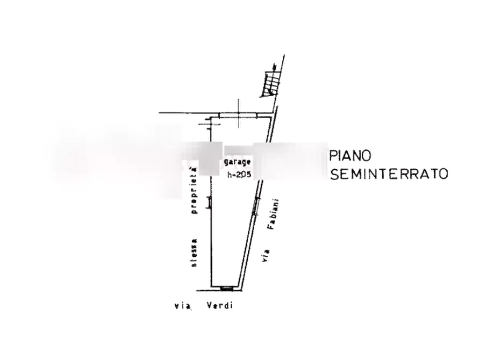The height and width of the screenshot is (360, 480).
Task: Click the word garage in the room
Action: [237, 162]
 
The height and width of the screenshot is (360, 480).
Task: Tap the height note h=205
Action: [239, 174]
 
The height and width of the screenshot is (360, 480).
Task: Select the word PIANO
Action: [351, 155]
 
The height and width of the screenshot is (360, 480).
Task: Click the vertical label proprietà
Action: [194, 192]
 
